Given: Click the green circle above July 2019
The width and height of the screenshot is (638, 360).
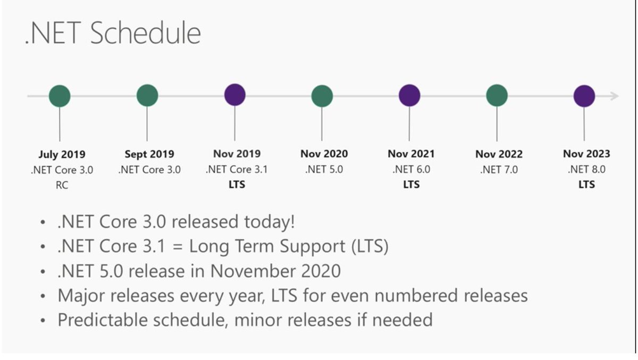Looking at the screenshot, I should [60, 96].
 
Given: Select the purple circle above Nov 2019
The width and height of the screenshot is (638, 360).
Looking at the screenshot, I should [234, 95].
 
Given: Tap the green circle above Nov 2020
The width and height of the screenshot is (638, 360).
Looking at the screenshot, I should [322, 96].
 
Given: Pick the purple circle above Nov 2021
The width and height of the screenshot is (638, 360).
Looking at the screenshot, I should [409, 96].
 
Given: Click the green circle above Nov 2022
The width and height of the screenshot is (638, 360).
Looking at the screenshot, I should [497, 96].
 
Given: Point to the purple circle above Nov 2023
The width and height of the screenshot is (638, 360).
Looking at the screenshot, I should [584, 96].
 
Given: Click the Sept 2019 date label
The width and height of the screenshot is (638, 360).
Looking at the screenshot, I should [149, 154].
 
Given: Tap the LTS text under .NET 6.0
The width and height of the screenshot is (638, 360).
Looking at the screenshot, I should [411, 185].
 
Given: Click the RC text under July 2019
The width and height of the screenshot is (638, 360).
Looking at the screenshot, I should [62, 185].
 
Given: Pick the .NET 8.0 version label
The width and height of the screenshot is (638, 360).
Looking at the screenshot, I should [586, 170].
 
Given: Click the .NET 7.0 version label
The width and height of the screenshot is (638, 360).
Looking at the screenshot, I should [499, 170].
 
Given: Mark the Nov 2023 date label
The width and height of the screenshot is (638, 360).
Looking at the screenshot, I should [586, 154].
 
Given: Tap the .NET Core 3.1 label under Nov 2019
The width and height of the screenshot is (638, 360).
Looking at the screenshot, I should [237, 170].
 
